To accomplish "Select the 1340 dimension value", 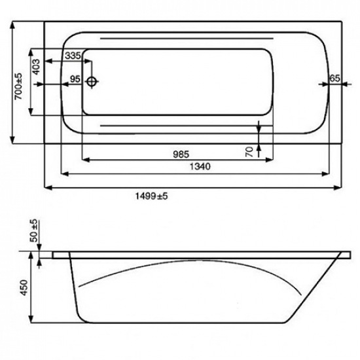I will (x=200, y=167).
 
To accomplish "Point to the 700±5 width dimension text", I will (x=19, y=85).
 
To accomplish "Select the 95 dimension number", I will (x=75, y=80).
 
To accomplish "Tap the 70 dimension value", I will (x=249, y=152).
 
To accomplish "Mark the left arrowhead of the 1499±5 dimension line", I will (x=47, y=188).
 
